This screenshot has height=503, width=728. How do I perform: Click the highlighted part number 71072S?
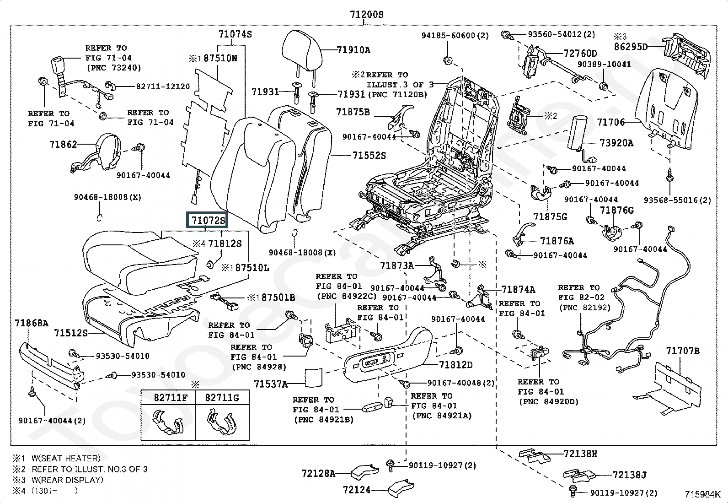click(x=208, y=221)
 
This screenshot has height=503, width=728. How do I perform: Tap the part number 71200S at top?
click(x=366, y=15)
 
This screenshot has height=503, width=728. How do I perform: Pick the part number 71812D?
click(x=455, y=365)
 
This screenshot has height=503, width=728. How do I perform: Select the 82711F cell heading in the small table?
click(x=168, y=398)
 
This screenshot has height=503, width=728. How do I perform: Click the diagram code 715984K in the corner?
click(x=702, y=494)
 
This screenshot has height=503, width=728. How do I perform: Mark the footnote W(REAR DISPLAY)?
click(x=67, y=480)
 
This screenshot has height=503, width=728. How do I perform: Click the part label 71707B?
click(x=683, y=351)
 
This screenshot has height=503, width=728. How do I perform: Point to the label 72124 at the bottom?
click(x=357, y=490)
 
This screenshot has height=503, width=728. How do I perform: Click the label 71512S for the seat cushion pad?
click(x=71, y=333)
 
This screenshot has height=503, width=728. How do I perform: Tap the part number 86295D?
click(x=631, y=47)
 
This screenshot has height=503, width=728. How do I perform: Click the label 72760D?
click(x=580, y=54)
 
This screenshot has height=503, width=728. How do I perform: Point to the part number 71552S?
click(x=369, y=156)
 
